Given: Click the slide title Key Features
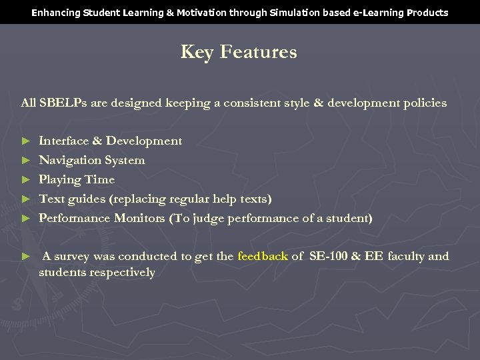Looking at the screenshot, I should click(x=239, y=53).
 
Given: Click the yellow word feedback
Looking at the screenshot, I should click(x=263, y=256).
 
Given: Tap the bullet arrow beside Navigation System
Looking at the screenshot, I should click(x=26, y=161).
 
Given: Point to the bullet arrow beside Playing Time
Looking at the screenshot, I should click(x=26, y=180).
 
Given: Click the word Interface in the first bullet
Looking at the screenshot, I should click(x=63, y=141).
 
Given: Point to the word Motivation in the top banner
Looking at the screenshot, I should click(x=187, y=13).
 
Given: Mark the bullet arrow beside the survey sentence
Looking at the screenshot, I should click(x=26, y=257).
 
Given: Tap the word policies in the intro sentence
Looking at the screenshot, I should click(x=424, y=103).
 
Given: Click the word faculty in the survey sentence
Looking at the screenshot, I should click(x=406, y=256).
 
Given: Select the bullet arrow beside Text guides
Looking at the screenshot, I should click(x=26, y=199).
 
